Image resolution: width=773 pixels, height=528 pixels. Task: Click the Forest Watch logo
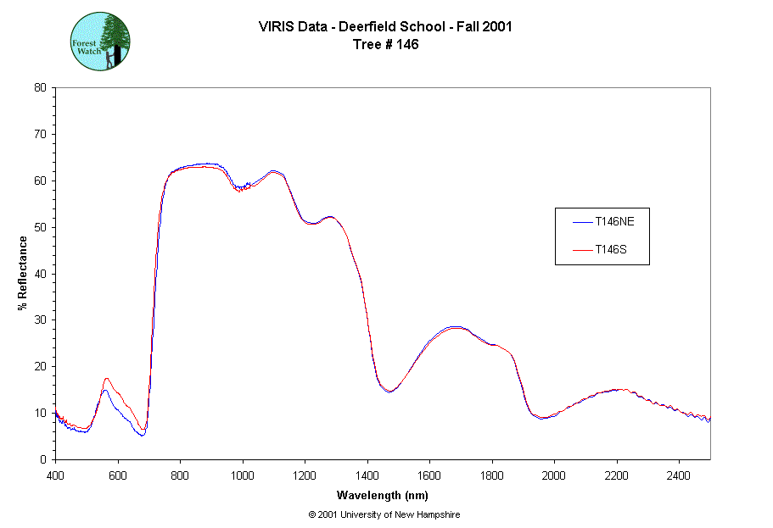point(100,41)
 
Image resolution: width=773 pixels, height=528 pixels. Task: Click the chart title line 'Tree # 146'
point(385,45)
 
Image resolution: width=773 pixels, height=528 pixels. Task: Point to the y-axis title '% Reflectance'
point(23,272)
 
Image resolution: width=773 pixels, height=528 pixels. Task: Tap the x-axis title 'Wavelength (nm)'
point(383,494)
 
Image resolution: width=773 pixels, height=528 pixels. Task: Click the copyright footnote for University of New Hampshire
point(384,514)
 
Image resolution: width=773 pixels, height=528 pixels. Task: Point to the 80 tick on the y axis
point(40,87)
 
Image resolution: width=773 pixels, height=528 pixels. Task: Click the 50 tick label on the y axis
point(40,227)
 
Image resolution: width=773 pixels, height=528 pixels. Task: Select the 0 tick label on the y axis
point(43,459)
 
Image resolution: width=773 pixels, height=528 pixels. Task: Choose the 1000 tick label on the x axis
point(243,475)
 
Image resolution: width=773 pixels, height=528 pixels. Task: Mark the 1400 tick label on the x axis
point(367,475)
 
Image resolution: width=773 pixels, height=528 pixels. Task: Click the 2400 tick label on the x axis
point(679,475)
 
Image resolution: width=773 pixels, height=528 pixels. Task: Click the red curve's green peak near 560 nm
point(106,378)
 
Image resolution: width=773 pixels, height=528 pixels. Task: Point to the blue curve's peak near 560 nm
point(105,390)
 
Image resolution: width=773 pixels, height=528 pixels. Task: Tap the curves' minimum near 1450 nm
point(389,392)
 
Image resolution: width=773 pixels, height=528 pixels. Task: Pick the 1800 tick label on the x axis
point(492,475)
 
